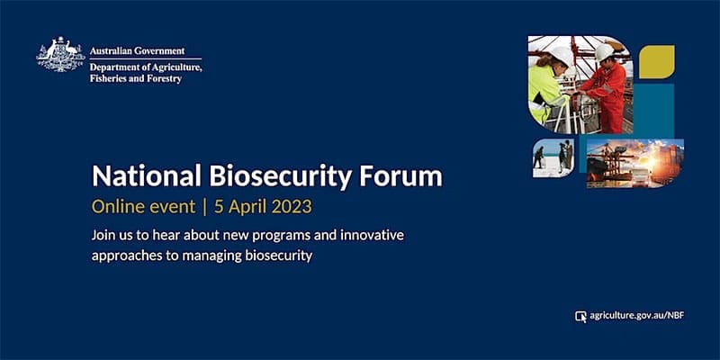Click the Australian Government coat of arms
tap(60, 55)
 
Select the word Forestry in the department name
tap(162, 78)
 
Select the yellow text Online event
tap(142, 206)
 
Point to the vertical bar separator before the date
tap(204, 206)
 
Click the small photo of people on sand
tap(552, 157)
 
